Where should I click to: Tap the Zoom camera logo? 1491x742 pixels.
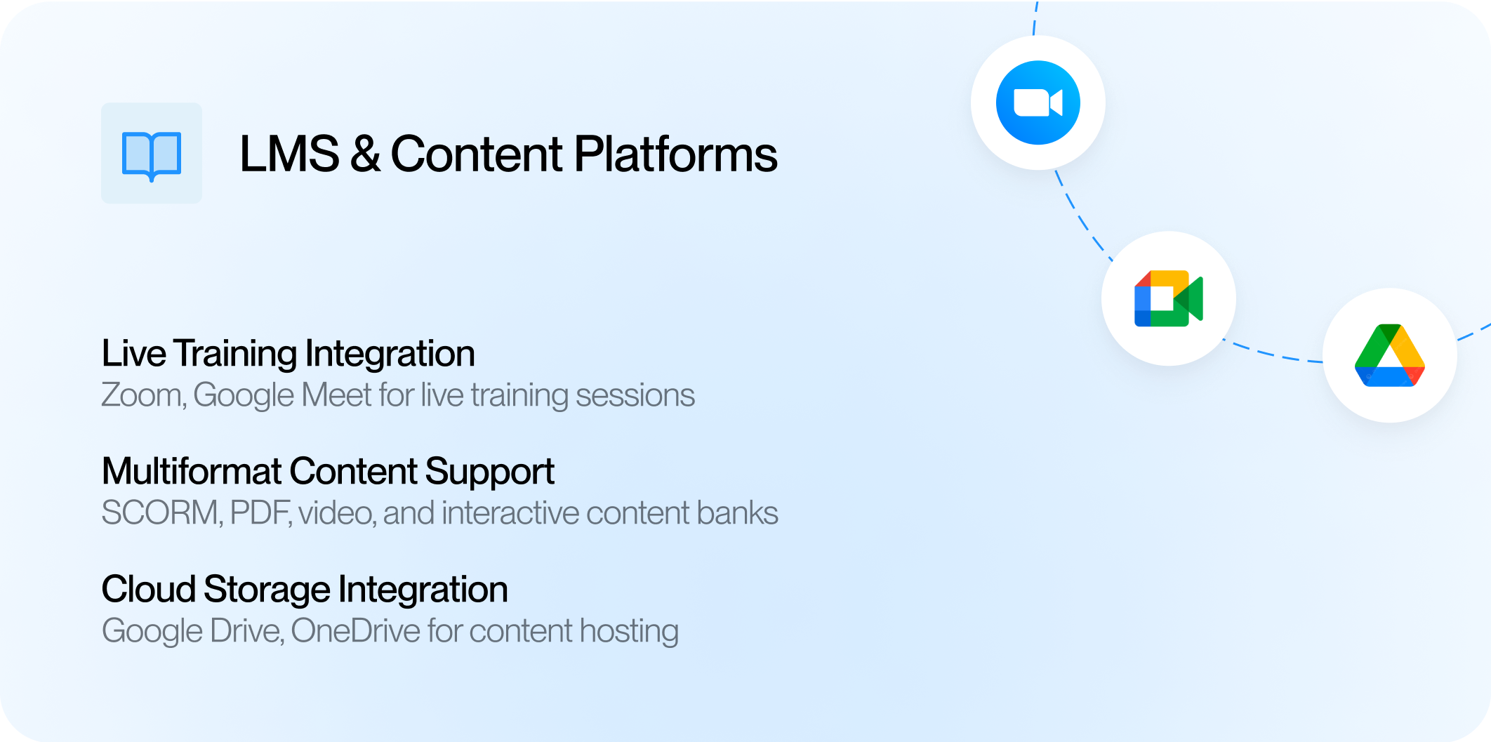click(1038, 103)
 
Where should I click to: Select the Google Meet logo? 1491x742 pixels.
click(1169, 298)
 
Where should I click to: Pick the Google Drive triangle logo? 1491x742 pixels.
click(1390, 355)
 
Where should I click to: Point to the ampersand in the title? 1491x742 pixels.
click(366, 154)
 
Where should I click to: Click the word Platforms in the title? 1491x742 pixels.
click(676, 154)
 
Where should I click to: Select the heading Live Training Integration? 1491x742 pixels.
click(289, 354)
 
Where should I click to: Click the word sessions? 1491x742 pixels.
click(635, 395)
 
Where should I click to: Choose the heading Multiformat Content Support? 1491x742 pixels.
click(328, 472)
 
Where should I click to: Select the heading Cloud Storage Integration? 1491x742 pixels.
click(305, 590)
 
